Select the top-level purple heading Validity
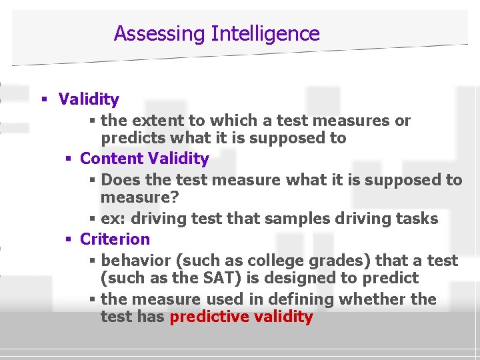coord(89,99)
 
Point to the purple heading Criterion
coord(115,239)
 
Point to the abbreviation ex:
coord(111,219)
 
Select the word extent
coord(160,121)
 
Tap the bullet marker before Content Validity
coord(69,159)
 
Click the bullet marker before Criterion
coord(69,239)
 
